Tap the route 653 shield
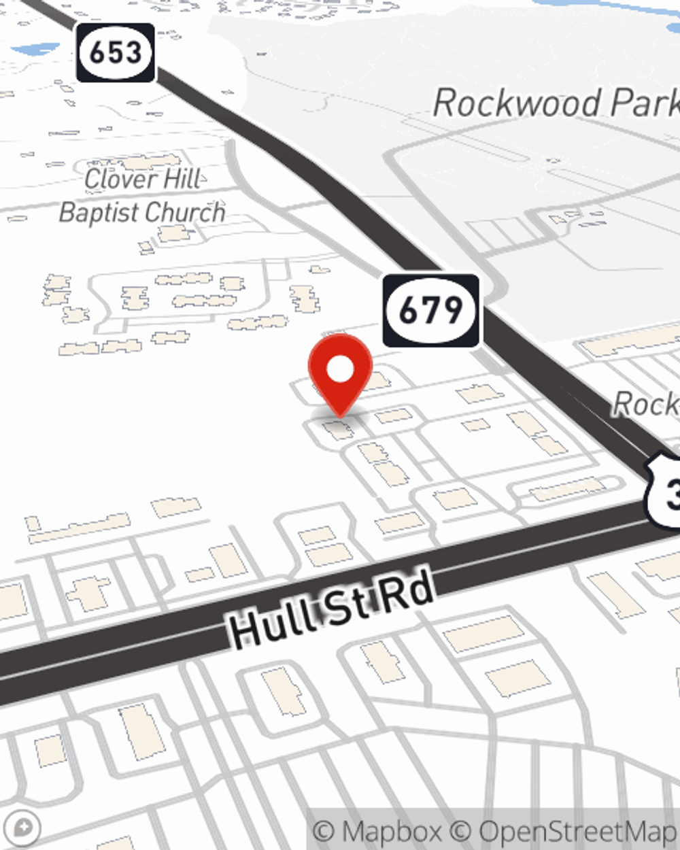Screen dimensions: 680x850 click(x=116, y=53)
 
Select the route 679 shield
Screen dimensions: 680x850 click(x=431, y=311)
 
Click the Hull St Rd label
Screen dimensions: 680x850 click(x=331, y=608)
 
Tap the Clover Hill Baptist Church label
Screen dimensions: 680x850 click(x=142, y=196)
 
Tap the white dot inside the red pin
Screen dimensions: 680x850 click(x=340, y=370)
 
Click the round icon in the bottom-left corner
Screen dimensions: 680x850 click(x=22, y=828)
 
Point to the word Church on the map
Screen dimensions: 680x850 click(x=180, y=212)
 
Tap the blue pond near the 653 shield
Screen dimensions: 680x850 click(x=34, y=50)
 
